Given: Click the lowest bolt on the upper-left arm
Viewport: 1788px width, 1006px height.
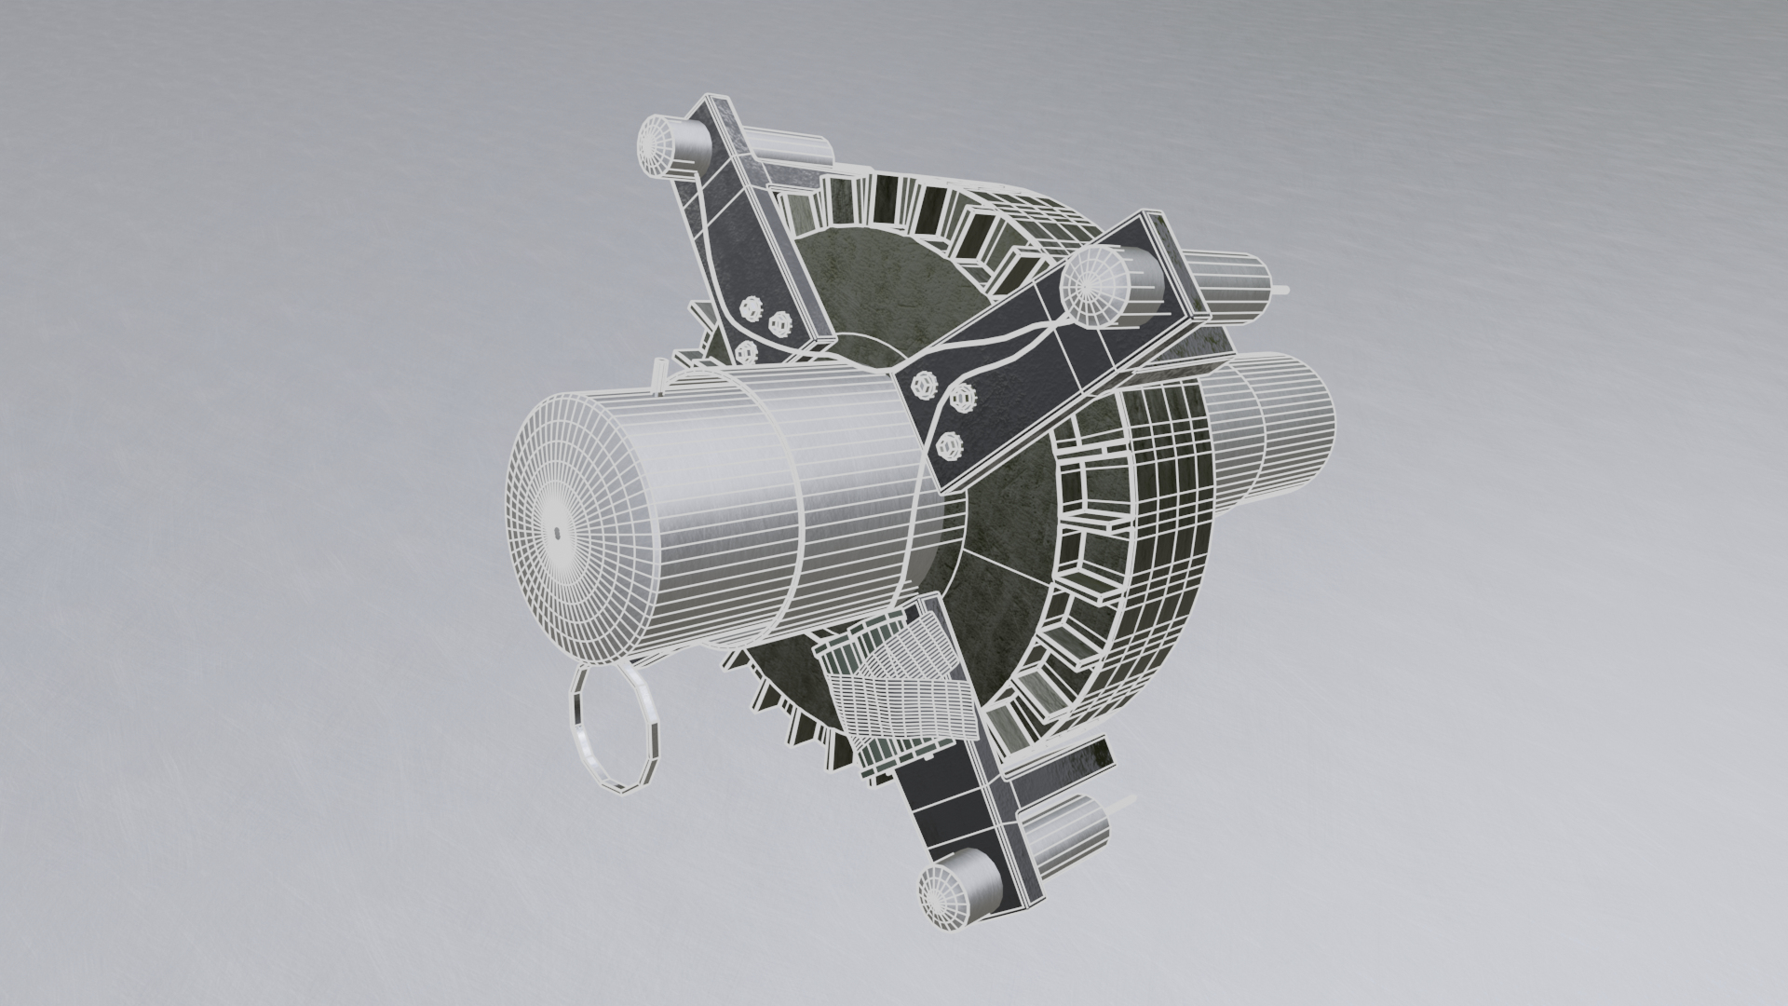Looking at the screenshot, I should click(745, 352).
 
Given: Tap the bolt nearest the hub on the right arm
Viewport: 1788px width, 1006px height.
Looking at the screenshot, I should click(926, 383).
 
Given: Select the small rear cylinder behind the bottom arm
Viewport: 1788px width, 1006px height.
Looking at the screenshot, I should click(1071, 823).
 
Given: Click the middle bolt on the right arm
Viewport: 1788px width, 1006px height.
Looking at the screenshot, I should click(964, 401).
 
